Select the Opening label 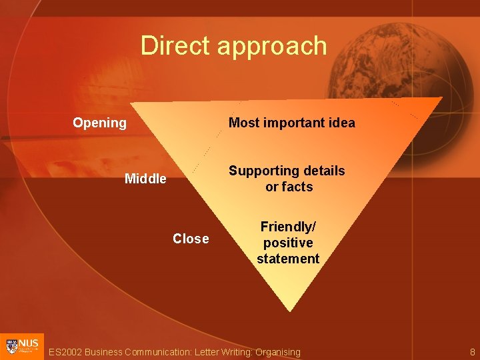tap(99, 123)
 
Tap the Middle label tap(145, 179)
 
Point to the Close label tap(191, 239)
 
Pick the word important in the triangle tap(291, 123)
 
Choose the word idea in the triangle tap(341, 123)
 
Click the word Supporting tap(264, 171)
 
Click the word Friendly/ tap(288, 227)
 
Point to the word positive tap(288, 243)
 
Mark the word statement tap(288, 259)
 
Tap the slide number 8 tap(472, 351)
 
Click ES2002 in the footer tap(65, 352)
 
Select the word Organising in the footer tap(278, 352)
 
